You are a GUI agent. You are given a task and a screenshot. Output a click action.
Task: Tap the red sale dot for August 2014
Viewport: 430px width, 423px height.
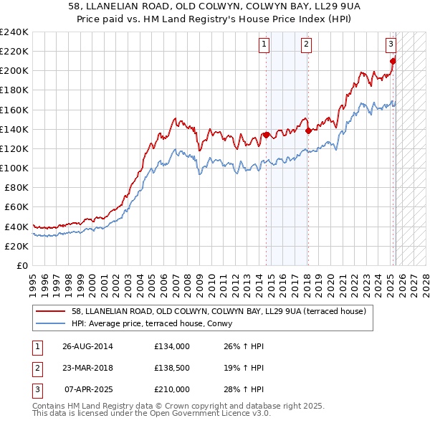tap(266, 135)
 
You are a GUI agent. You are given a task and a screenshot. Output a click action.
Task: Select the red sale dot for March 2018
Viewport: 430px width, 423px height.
tap(308, 130)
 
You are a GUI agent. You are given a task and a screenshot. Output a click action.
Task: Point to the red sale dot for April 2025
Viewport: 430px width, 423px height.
tap(393, 61)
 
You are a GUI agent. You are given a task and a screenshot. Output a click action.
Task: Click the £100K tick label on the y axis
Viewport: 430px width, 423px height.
tap(14, 168)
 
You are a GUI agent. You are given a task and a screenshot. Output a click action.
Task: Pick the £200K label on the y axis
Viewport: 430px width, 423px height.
tap(14, 70)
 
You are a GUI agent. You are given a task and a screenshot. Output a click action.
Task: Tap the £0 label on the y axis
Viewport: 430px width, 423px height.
tap(21, 265)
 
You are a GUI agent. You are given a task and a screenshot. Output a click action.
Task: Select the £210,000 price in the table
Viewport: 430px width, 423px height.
tap(172, 389)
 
